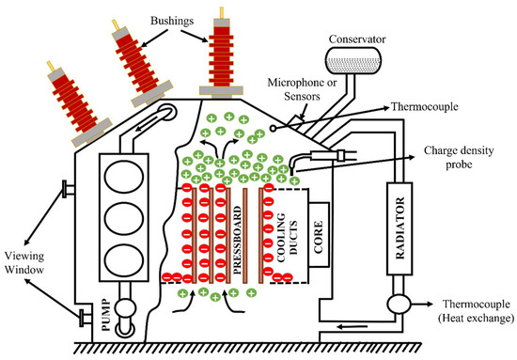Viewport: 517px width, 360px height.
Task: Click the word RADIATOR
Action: coord(399,228)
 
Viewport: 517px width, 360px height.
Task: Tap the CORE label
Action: coord(318,237)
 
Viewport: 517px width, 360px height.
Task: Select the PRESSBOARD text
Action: coord(237,241)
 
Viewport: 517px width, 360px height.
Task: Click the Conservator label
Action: coord(357,39)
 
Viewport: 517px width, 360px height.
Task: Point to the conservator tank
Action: coord(353,61)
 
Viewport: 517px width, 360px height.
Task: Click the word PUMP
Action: coord(105,315)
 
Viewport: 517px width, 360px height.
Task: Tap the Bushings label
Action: coord(172,21)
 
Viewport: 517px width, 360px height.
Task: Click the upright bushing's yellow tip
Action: coord(222,12)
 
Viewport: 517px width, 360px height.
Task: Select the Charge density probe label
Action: coord(459,157)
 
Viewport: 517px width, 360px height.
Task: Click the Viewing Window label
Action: coord(24,263)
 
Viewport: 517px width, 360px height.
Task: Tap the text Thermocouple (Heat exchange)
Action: coord(477,311)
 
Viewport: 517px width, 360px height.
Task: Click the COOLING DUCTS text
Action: coord(288,237)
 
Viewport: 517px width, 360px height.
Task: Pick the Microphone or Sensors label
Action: coord(302,89)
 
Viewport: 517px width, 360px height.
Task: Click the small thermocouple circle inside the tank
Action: coord(273,128)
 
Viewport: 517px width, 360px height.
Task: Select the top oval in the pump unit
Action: coord(124,177)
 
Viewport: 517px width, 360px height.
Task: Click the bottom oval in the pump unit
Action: coord(124,260)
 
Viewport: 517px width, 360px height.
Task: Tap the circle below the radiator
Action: coord(399,304)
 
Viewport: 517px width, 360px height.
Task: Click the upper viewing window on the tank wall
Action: coord(68,189)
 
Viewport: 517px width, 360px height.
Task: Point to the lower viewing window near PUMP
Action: coord(86,318)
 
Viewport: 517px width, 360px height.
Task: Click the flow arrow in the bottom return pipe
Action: coord(352,327)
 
